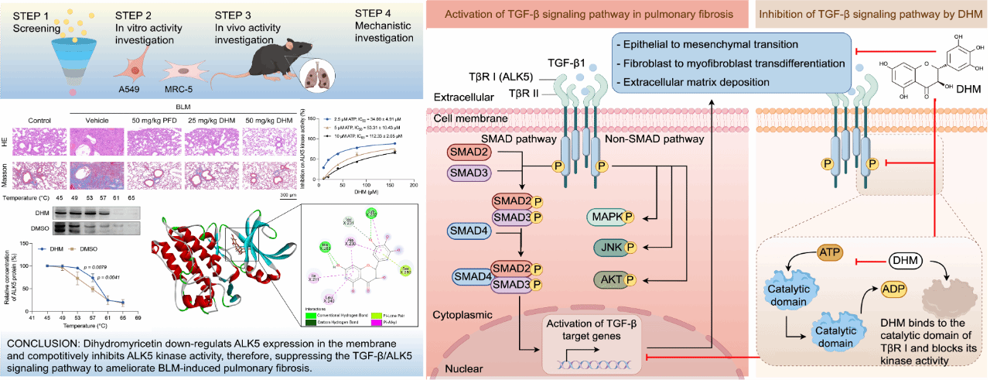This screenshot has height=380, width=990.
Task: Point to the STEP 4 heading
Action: coord(377,16)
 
